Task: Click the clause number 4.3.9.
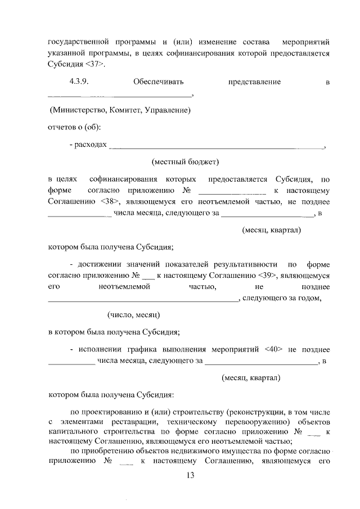(x=80, y=82)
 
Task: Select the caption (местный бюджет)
(x=184, y=163)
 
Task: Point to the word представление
(x=254, y=82)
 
